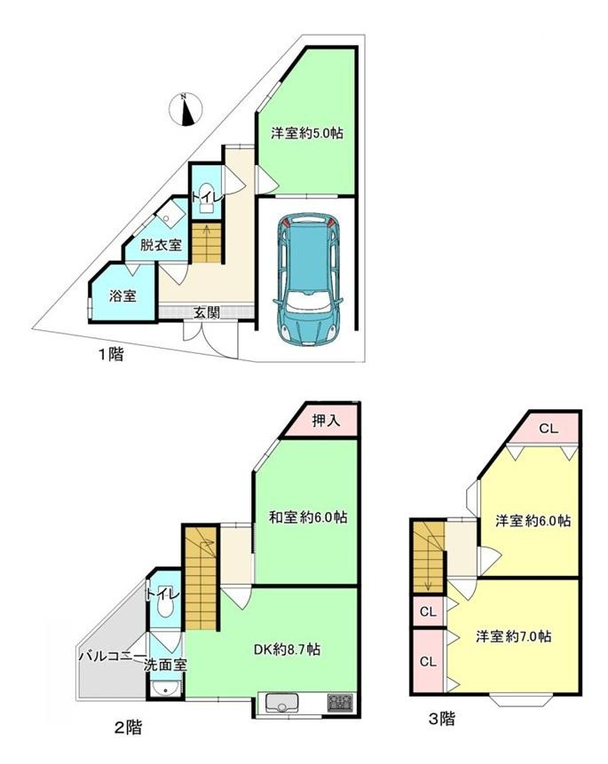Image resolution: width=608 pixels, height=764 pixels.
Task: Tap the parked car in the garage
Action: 305,277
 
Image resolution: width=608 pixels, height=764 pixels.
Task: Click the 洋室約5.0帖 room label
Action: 307,134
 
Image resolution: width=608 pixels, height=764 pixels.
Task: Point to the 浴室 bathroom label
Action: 122,295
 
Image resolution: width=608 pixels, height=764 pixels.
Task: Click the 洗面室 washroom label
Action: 166,664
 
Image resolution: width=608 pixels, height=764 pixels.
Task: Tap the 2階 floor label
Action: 128,729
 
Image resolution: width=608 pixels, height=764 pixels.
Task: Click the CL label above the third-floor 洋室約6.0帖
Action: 548,429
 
